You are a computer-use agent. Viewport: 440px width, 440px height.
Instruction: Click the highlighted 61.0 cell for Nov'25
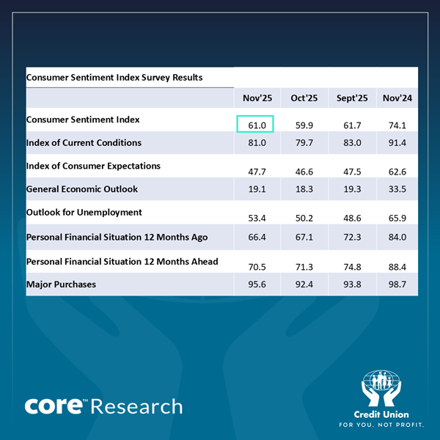[x=255, y=125]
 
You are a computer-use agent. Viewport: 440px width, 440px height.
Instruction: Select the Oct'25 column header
[x=304, y=98]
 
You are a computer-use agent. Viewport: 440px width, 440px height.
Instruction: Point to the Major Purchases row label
[x=61, y=284]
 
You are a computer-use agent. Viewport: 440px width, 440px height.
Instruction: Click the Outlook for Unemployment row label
[x=84, y=213]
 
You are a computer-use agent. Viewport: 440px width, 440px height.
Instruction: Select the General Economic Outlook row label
[x=82, y=189]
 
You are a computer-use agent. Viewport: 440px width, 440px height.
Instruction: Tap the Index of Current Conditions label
[x=84, y=142]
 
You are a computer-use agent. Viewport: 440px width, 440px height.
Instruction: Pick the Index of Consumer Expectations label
[x=92, y=166]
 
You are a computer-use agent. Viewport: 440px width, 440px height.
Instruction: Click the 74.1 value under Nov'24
[x=397, y=126]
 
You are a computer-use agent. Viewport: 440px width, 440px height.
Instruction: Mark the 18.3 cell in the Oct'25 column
[x=304, y=189]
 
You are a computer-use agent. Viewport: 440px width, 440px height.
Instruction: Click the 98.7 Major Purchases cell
[x=397, y=285]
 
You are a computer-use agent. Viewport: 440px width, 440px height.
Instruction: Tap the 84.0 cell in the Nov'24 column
[x=397, y=238]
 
